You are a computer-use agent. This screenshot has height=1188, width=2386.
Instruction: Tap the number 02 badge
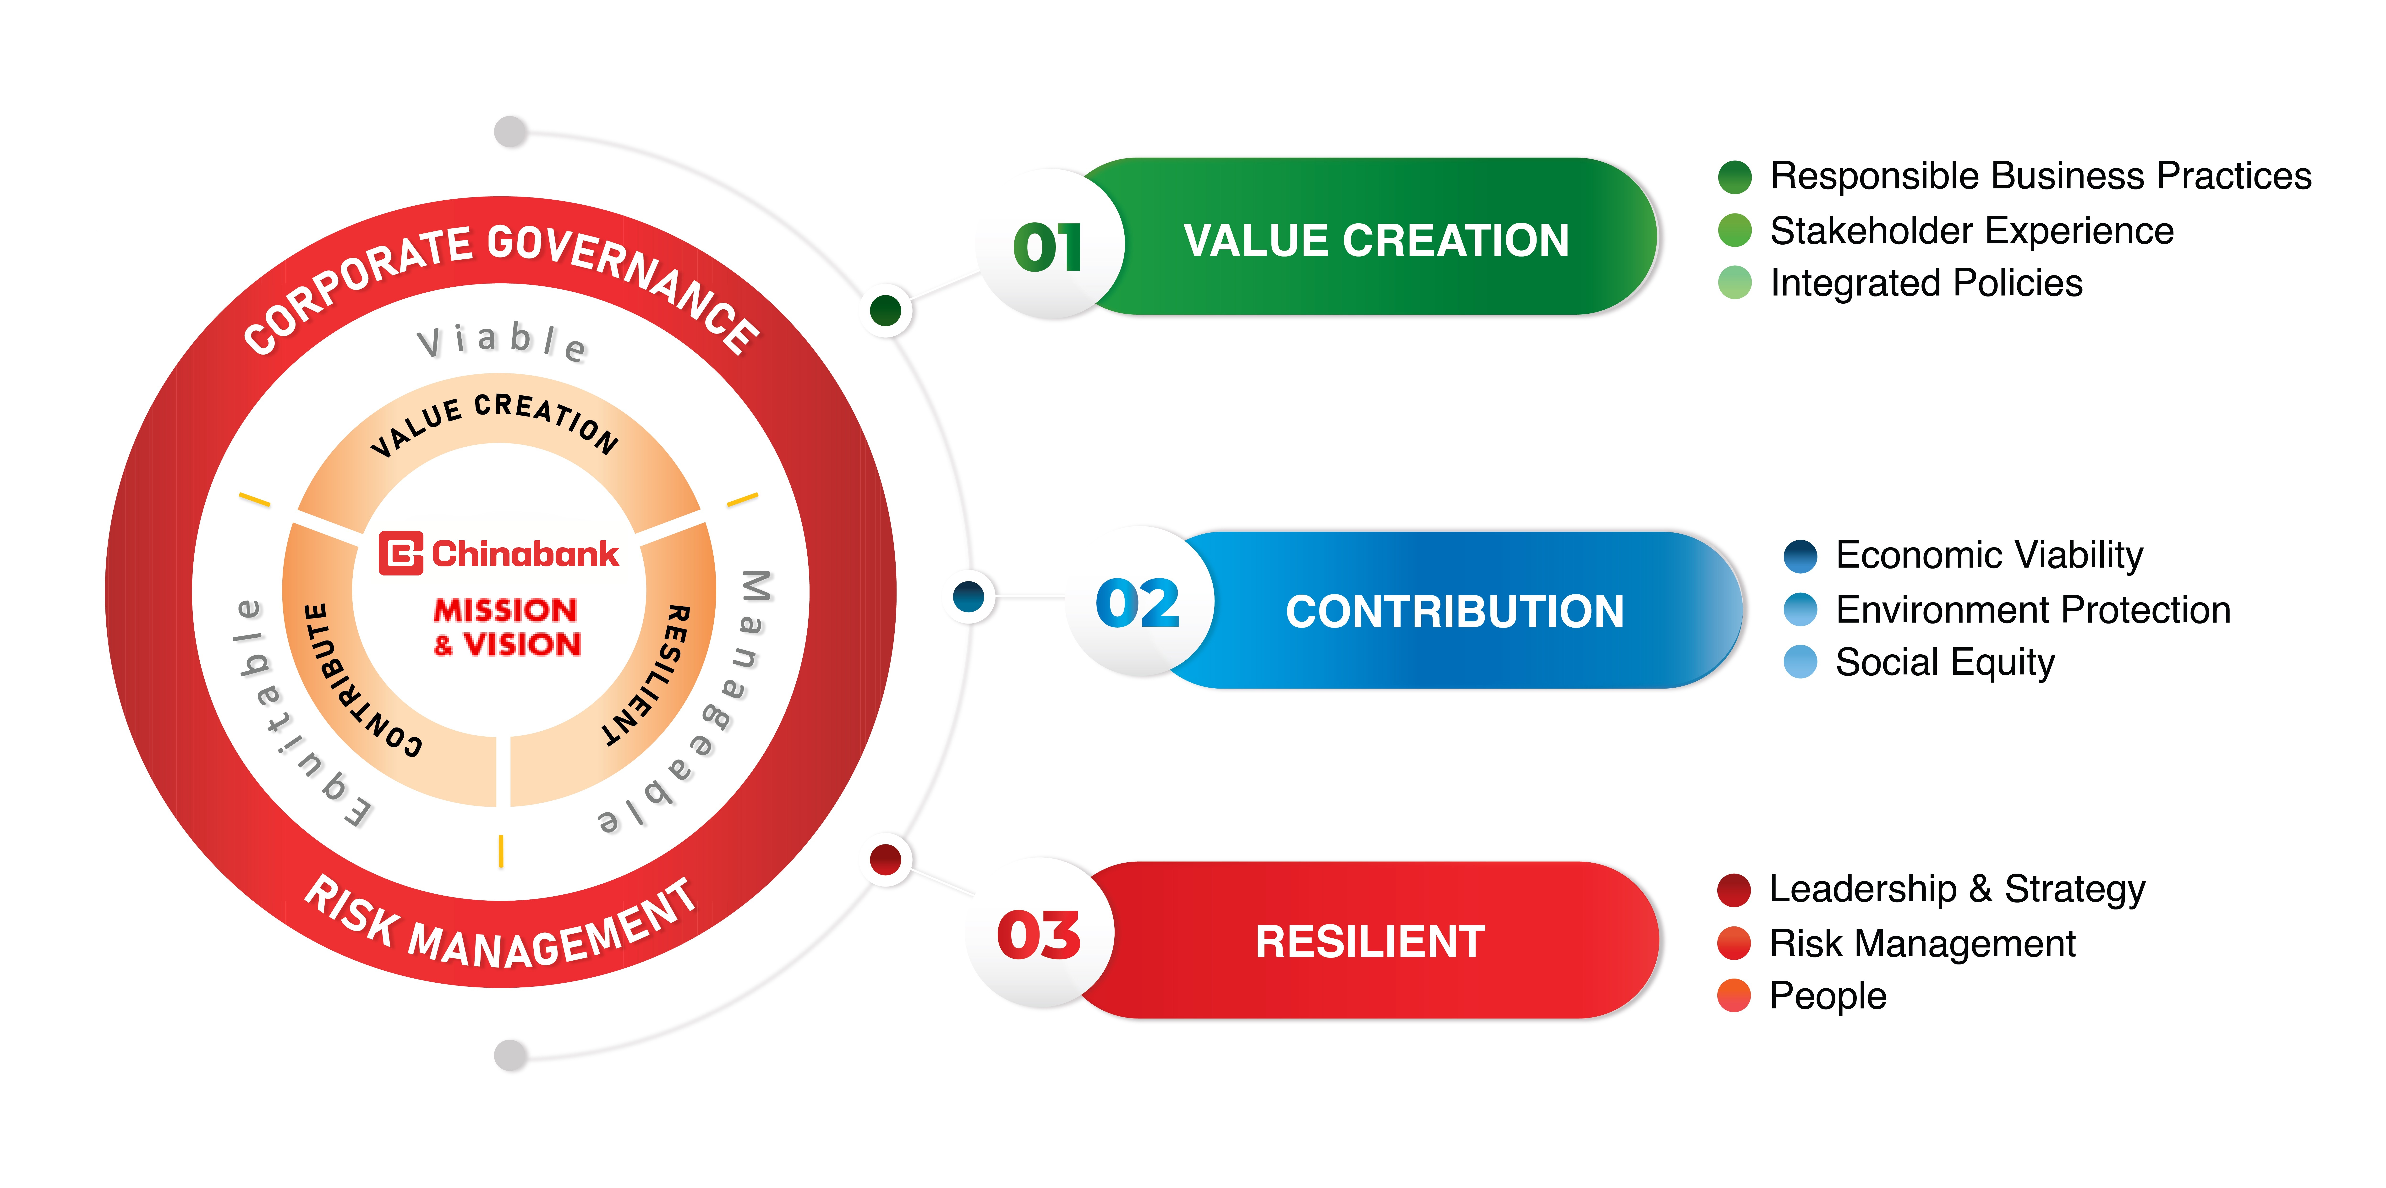coord(1138,604)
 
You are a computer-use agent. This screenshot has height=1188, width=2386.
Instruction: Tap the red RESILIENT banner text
coord(1370,942)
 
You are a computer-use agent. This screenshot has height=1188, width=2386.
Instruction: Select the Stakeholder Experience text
coord(1971,230)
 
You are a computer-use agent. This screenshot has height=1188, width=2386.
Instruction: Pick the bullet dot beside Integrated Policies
coord(1734,282)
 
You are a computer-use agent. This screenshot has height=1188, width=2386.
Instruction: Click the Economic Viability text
coord(1989,555)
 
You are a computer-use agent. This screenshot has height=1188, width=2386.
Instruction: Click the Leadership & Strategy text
coord(1956,889)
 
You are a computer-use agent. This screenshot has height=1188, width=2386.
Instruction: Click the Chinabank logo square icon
coord(401,554)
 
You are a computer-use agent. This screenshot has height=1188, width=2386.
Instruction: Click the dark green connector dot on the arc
coord(886,310)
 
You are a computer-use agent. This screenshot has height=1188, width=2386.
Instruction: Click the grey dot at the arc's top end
coord(510,131)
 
